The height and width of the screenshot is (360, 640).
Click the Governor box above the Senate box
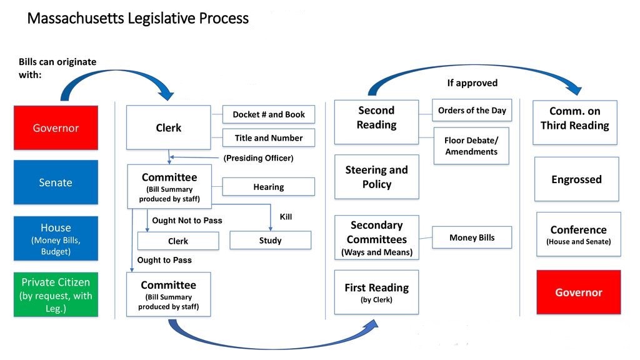click(56, 127)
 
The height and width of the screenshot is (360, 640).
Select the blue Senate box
click(56, 182)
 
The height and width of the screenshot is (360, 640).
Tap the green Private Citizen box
click(56, 295)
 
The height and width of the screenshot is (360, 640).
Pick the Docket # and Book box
click(269, 114)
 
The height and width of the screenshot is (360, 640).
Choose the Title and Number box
click(269, 138)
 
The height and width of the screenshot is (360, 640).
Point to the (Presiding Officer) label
click(258, 158)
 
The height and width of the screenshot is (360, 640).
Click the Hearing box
click(269, 187)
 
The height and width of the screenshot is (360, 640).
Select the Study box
click(270, 241)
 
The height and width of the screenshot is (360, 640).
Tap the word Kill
click(286, 217)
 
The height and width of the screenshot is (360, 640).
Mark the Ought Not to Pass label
click(187, 221)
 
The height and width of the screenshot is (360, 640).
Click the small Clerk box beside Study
click(178, 241)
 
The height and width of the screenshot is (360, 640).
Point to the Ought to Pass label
click(164, 260)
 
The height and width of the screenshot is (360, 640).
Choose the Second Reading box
click(376, 122)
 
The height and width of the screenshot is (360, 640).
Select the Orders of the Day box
click(472, 111)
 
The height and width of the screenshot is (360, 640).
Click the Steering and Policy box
click(376, 177)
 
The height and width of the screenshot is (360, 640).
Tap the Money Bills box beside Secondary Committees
click(472, 237)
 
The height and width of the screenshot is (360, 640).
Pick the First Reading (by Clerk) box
click(376, 292)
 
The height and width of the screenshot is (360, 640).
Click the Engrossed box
click(576, 179)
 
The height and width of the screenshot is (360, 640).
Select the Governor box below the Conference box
click(579, 292)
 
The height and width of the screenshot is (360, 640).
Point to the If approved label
click(472, 82)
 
